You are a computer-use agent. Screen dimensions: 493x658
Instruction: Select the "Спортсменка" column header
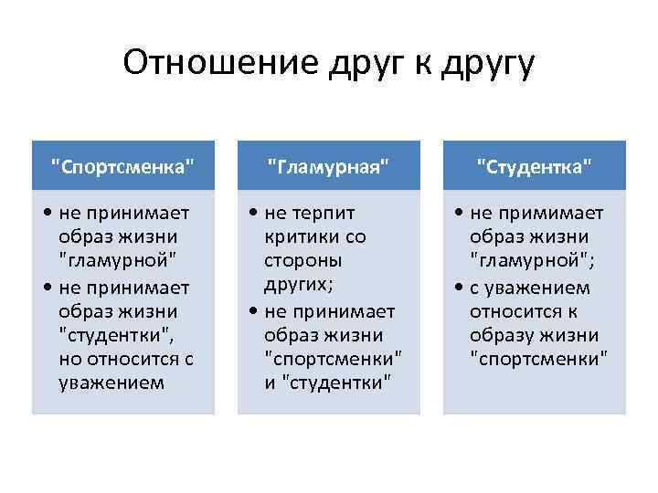(x=123, y=165)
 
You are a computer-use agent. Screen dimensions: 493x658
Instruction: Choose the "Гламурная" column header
(x=329, y=165)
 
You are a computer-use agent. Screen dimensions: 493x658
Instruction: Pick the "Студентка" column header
(x=535, y=165)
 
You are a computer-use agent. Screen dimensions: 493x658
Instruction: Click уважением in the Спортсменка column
(x=111, y=383)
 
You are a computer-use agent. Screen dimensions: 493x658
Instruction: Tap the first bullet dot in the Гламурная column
(x=251, y=214)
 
